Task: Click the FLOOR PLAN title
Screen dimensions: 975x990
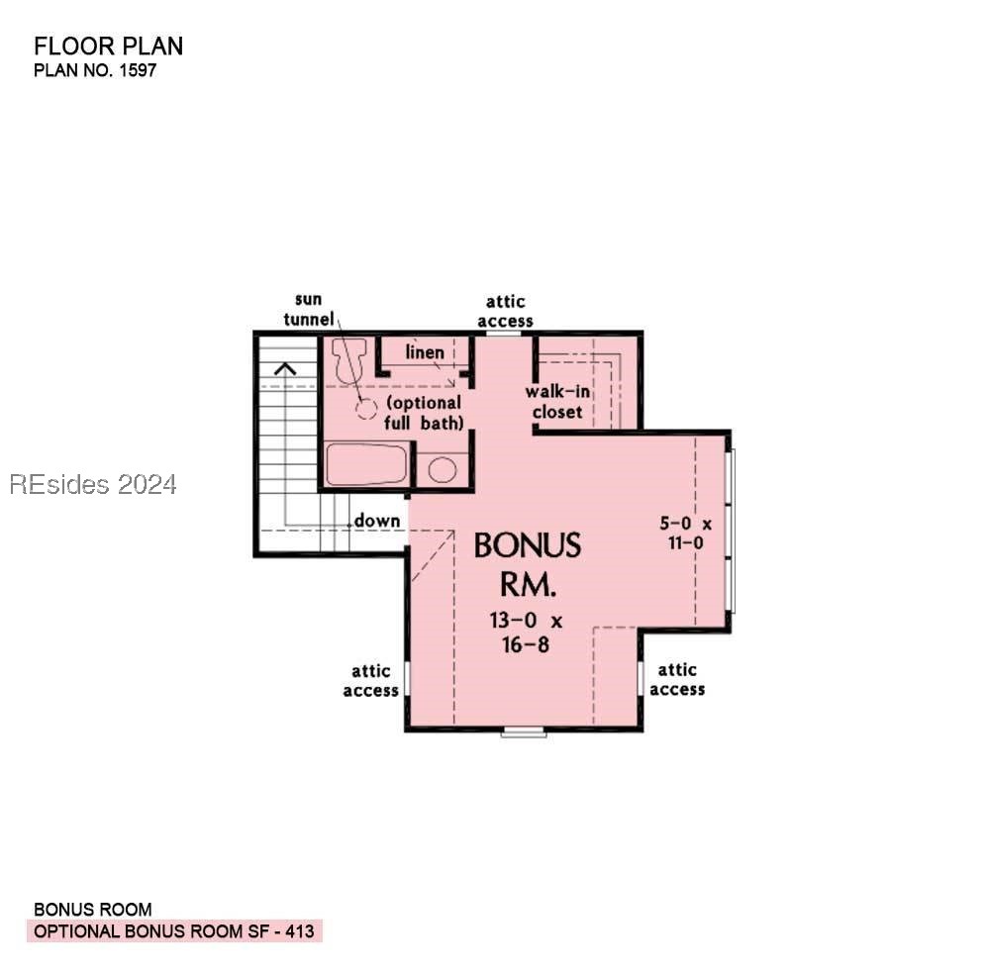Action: (x=108, y=46)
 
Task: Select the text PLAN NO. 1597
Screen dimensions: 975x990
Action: (x=95, y=70)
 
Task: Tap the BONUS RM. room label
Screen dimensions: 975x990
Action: (x=527, y=564)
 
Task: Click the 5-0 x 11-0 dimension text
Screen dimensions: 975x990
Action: (x=687, y=533)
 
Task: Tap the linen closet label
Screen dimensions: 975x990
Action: (x=424, y=353)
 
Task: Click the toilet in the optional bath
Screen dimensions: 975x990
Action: (x=348, y=361)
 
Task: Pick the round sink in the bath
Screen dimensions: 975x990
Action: (x=443, y=469)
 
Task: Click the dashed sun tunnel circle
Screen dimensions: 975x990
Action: (x=367, y=409)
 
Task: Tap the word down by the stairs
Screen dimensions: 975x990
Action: (x=377, y=521)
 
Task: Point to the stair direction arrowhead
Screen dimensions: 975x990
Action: (x=286, y=369)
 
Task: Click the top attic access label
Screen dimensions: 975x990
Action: (x=505, y=311)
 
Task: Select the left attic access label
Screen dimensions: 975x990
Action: (x=370, y=681)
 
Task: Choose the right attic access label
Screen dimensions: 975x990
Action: (x=677, y=679)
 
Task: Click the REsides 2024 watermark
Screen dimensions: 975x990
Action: (x=93, y=484)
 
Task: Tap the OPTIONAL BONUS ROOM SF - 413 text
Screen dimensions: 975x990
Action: (x=174, y=931)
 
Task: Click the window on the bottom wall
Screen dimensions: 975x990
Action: (x=524, y=732)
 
